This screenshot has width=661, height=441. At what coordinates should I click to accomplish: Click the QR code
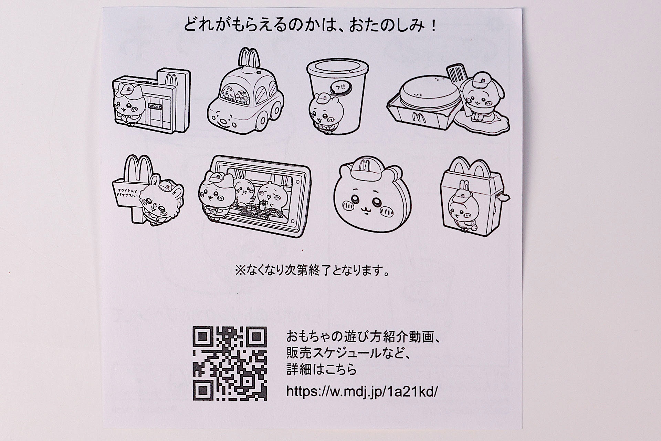[230, 363]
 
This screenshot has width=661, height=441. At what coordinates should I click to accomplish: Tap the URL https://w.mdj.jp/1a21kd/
[362, 391]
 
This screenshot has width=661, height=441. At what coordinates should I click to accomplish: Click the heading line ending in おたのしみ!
[310, 25]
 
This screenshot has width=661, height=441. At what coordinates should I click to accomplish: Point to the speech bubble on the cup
[339, 88]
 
